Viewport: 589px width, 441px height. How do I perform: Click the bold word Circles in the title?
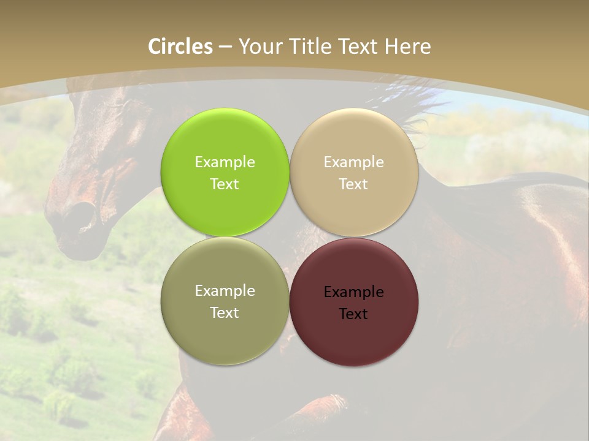pyautogui.click(x=180, y=47)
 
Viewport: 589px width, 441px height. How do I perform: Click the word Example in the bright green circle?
pyautogui.click(x=225, y=162)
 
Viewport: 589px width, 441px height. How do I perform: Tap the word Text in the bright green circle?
pyautogui.click(x=225, y=184)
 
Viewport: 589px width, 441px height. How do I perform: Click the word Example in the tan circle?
pyautogui.click(x=353, y=162)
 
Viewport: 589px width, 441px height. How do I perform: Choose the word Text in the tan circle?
pyautogui.click(x=353, y=184)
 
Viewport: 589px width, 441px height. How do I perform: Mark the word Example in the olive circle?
pyautogui.click(x=225, y=291)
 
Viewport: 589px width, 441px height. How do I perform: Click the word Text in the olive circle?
pyautogui.click(x=225, y=313)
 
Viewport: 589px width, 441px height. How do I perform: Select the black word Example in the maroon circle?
pyautogui.click(x=353, y=292)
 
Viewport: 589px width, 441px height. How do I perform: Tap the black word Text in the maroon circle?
pyautogui.click(x=353, y=314)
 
